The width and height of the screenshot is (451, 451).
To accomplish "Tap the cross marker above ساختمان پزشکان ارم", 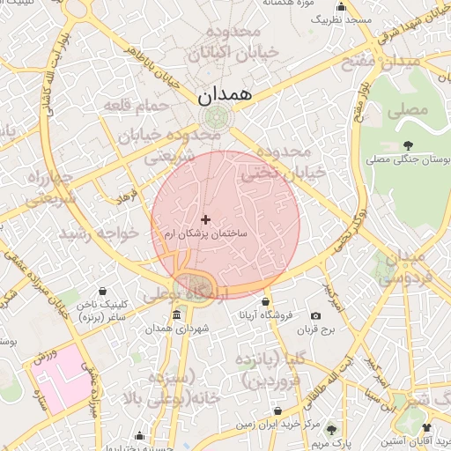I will (x=206, y=218).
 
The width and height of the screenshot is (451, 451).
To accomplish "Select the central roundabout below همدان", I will (x=213, y=118).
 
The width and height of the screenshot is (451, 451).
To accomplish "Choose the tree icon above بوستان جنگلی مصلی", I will (x=407, y=145).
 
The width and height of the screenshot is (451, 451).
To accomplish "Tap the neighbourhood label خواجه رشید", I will (x=99, y=233).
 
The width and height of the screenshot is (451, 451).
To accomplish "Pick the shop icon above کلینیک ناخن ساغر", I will (x=103, y=292).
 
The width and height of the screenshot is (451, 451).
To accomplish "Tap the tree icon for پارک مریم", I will (x=331, y=429).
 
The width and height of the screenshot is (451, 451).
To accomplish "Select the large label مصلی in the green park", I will (x=412, y=110).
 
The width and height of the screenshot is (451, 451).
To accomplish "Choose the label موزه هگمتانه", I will (x=290, y=4).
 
